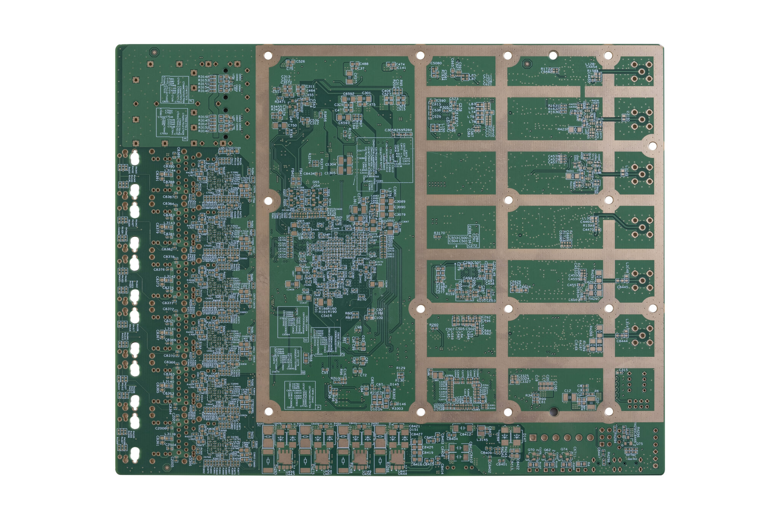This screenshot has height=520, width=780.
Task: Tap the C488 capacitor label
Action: [363, 64]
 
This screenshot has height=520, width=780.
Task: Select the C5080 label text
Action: [436, 63]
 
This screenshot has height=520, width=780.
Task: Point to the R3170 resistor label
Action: [440, 233]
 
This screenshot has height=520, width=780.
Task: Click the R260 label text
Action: [434, 325]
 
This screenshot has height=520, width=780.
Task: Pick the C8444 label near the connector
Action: [622, 341]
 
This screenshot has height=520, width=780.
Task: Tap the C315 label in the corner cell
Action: [623, 370]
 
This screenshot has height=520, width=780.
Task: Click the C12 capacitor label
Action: [567, 391]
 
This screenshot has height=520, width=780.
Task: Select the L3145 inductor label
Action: [482, 440]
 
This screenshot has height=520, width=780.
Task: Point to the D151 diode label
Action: [414, 430]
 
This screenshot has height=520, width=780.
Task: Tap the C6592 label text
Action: [348, 94]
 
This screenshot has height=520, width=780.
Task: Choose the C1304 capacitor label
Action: [330, 164]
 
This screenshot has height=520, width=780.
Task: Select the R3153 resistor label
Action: [203, 80]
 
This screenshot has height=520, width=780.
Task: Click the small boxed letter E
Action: [185, 139]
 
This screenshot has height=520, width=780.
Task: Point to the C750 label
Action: [292, 125]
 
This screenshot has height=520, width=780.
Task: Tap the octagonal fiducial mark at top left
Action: [154, 51]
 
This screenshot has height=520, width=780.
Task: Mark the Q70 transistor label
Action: [531, 450]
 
